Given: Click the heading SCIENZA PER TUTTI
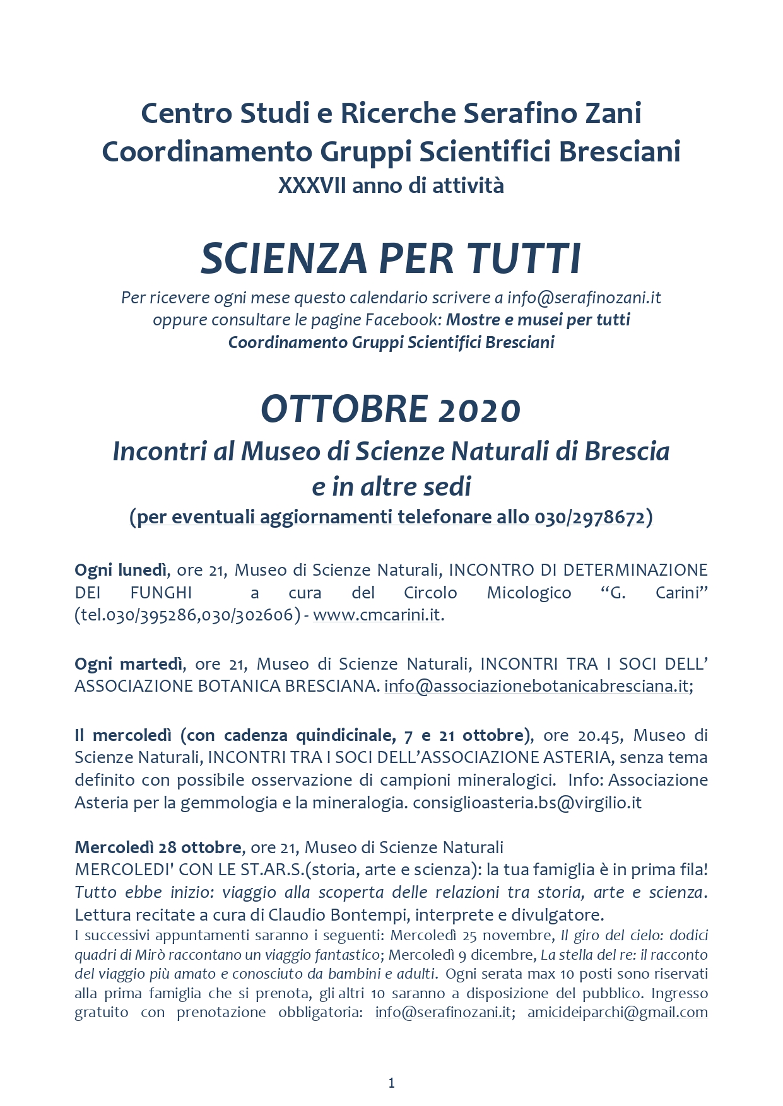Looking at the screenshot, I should (391, 259).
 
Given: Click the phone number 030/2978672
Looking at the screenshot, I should (590, 517).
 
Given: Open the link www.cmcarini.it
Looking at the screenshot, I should (377, 615).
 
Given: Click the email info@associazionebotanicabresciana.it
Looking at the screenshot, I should (536, 686).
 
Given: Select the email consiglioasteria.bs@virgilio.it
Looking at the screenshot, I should (527, 803).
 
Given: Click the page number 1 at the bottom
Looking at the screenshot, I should (391, 1083).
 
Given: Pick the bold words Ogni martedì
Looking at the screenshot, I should (129, 664).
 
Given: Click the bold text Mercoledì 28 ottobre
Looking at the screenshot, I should (158, 847).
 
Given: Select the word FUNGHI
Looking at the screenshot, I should (161, 593).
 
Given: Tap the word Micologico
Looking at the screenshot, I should (529, 593).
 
